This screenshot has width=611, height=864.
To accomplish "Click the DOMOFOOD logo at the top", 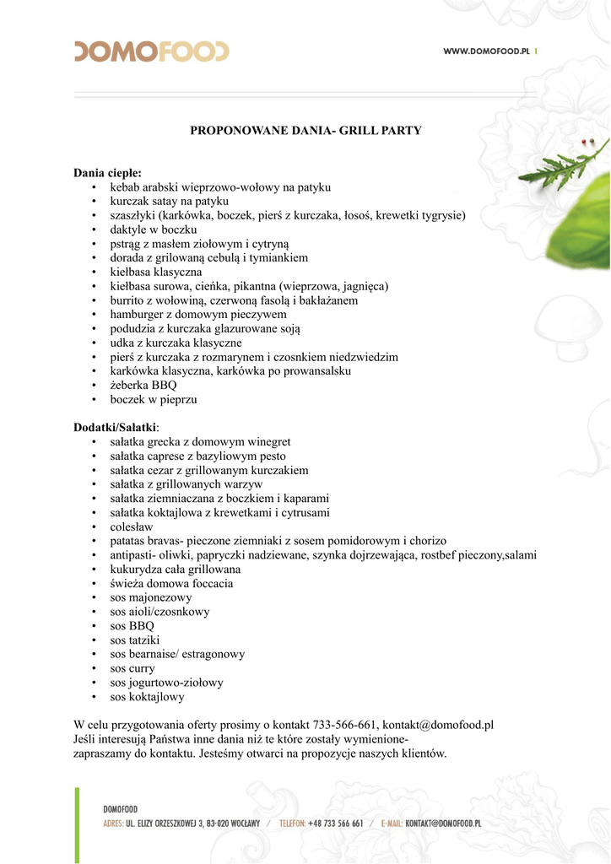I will [151, 51].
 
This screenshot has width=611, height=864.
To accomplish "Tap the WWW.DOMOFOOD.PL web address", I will [486, 52].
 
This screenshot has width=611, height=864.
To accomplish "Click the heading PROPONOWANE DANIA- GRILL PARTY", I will [305, 131].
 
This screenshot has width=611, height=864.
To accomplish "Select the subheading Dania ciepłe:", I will [107, 173].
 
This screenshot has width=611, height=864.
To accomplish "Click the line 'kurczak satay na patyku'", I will [169, 202].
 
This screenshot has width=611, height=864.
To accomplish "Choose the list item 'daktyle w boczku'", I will [153, 229].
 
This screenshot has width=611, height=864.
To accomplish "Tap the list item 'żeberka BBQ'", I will [143, 385].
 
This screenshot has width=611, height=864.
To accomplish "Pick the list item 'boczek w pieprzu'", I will [153, 399].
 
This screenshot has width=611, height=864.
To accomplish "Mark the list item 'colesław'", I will [133, 526].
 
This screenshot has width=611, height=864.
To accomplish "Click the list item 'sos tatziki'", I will [138, 640].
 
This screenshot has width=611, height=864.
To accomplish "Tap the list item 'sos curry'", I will [133, 668].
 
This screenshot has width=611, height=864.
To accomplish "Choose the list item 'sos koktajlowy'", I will [147, 697].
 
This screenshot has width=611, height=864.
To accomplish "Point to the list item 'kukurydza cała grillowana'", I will [175, 570].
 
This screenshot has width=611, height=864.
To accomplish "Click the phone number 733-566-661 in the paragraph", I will [344, 725].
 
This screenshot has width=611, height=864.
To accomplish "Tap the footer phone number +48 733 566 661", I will [335, 823].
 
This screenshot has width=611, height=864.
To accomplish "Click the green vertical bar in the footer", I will [77, 824].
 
